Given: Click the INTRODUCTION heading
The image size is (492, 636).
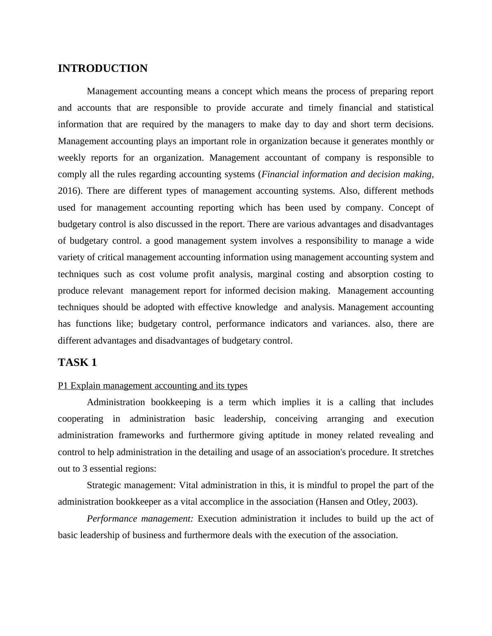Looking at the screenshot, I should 103,69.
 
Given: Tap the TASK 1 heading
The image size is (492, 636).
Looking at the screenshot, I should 77,363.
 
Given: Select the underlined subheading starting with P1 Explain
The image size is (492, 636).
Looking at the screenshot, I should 153,386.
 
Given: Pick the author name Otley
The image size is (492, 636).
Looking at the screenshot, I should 377,502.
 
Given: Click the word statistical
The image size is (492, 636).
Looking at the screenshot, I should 415,108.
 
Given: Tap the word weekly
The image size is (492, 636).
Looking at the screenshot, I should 72,158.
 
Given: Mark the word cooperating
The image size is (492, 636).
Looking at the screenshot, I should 80,419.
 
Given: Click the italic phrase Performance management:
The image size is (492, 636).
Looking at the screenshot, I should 140,519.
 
